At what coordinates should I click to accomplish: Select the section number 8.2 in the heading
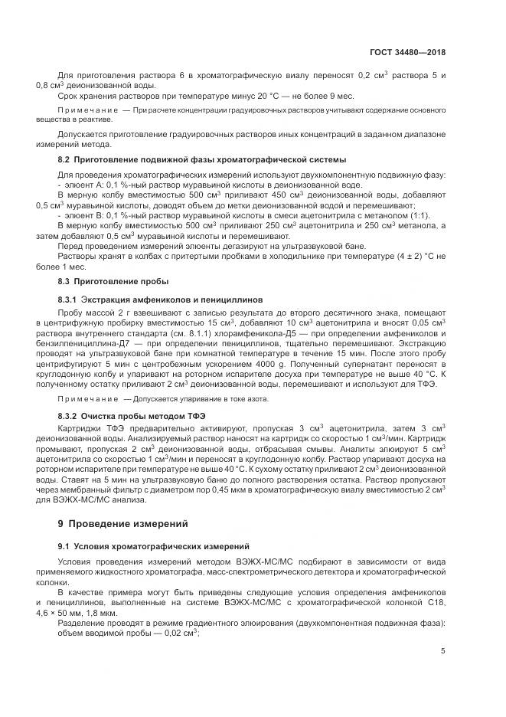click(x=64, y=159)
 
